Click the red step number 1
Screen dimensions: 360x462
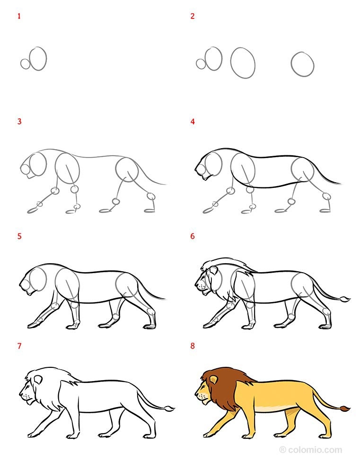coord(19,16)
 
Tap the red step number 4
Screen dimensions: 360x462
coord(193,121)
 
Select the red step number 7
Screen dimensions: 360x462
coord(19,346)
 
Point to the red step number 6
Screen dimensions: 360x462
coord(193,236)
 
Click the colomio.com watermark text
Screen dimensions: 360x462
coord(311,450)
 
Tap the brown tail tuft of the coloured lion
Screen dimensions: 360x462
coord(345,409)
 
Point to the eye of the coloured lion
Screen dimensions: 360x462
coord(203,386)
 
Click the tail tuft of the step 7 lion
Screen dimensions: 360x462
coord(169,409)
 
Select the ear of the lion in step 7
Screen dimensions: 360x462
coord(38,380)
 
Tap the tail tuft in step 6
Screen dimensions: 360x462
coord(345,299)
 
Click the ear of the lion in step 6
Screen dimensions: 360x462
coord(213,270)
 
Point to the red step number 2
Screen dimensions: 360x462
coord(193,16)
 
